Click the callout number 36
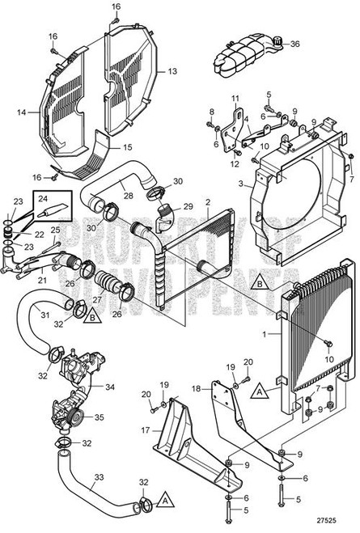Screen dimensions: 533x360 294,44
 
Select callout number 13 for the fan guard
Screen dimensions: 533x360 172,71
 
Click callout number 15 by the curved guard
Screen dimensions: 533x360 126,148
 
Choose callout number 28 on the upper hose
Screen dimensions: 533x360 128,195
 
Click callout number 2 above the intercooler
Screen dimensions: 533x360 208,201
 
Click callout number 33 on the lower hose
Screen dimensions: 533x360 99,477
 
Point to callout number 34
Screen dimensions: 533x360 109,387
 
